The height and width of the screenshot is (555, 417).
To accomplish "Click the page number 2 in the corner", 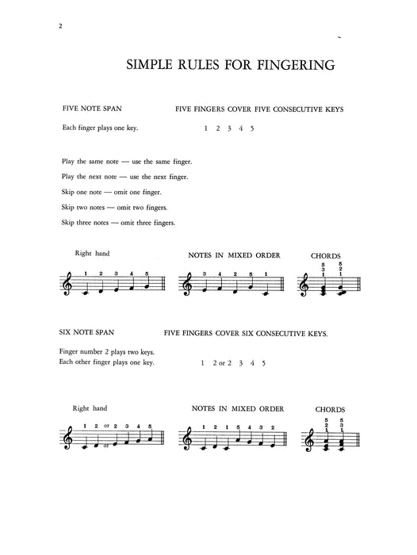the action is pos(61,25).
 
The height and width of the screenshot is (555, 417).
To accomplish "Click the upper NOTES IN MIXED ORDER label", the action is pos(232,256).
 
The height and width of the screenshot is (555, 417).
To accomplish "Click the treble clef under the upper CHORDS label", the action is pos(302,288).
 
